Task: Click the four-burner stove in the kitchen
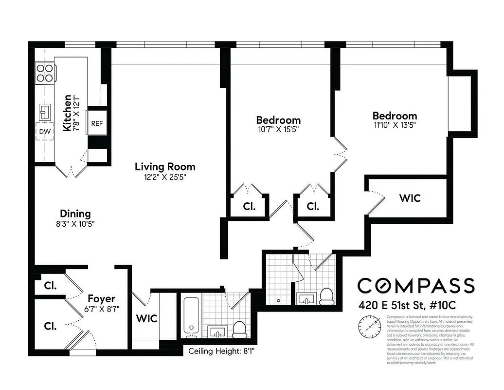coord(44,73)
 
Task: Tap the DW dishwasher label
coord(44,132)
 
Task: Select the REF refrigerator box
coord(97,123)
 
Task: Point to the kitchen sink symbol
coord(44,112)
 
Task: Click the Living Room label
coord(165,167)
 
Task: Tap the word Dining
coord(75,214)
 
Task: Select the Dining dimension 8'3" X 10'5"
coord(75,224)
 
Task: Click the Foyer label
coord(101,298)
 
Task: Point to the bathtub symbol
coord(190,317)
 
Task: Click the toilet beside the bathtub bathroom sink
coord(239,330)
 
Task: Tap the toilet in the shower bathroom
coord(326,295)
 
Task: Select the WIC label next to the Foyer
coord(146,319)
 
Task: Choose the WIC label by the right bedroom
coord(410,198)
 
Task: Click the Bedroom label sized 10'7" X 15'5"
coord(278,120)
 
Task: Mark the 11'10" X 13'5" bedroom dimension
coord(395,125)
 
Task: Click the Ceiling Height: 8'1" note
coord(221,351)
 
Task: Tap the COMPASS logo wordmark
coord(416,285)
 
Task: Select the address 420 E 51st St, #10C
coord(408,306)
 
